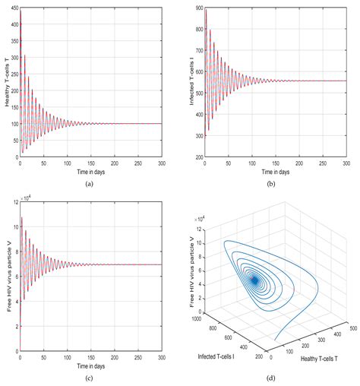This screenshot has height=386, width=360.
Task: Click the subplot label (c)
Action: coord(89,378)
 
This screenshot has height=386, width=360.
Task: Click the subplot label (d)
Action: coord(268,378)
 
